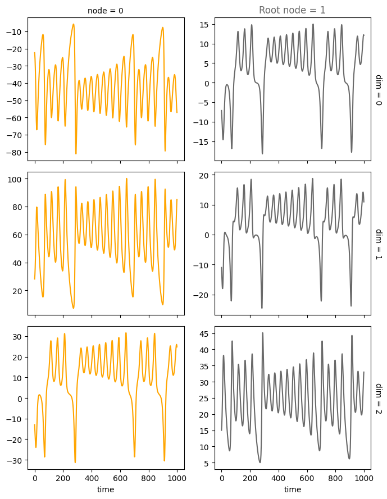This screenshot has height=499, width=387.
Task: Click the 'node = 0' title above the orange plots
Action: click(106, 11)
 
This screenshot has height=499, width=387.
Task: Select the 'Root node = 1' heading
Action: click(292, 10)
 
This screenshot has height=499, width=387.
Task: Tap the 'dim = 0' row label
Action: click(378, 90)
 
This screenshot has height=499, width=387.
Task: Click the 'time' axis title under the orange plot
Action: click(106, 489)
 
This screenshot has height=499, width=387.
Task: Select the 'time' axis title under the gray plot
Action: click(292, 489)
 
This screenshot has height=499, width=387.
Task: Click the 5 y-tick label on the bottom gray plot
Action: click(206, 464)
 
